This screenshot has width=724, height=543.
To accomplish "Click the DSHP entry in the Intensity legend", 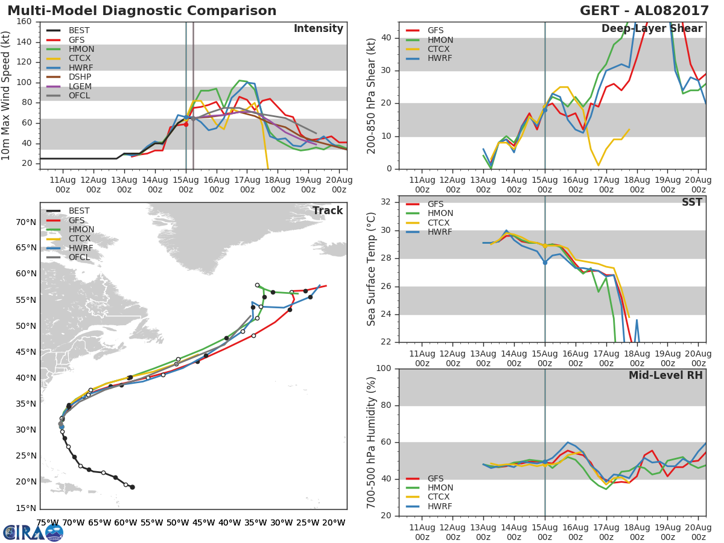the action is (69, 77).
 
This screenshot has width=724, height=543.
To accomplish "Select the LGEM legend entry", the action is (69, 86).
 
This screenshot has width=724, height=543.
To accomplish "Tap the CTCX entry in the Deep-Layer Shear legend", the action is (428, 49).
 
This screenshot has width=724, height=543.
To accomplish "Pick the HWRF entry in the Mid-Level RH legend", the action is (429, 506).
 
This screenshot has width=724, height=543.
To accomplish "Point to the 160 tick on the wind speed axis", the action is (24, 22).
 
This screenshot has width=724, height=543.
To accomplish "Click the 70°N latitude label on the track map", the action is (26, 222).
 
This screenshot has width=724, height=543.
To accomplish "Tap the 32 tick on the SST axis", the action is (386, 202).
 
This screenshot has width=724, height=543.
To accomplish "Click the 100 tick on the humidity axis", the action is (384, 368).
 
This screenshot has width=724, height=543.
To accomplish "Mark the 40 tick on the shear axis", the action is (386, 37).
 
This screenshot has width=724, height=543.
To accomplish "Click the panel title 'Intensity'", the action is (319, 29).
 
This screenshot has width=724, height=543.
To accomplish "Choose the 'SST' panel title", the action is (692, 202).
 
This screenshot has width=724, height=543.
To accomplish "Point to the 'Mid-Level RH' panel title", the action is (665, 375).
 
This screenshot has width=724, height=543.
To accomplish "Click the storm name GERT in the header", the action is (599, 11).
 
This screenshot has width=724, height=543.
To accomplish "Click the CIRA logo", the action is (33, 533).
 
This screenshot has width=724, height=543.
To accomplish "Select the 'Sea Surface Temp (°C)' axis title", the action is (371, 269).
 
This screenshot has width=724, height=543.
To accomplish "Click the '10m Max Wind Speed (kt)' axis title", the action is (5, 95).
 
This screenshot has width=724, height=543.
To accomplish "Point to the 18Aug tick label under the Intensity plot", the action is (278, 185).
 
